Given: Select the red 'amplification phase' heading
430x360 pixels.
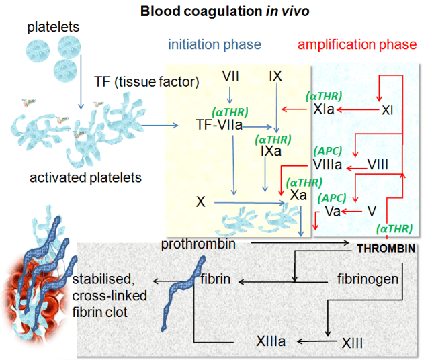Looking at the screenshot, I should point(357,45).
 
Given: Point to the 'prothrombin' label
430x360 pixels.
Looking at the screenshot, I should point(198,244).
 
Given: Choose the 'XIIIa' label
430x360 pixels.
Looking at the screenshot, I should point(271,341).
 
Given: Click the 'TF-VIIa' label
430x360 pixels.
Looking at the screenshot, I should point(219,124).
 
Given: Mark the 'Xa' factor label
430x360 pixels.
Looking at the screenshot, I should point(299,195).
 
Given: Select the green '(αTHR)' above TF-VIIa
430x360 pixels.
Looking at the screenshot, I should point(230,111).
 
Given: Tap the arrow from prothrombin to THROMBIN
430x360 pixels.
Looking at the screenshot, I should point(296,242).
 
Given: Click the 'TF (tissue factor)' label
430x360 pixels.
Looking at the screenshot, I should point(146,82).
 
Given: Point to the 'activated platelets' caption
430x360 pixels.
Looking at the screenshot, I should point(86,178).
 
